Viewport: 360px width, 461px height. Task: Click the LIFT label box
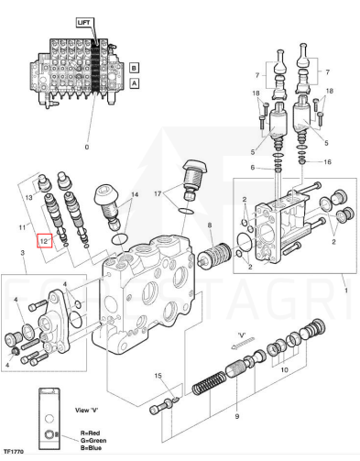(84, 23)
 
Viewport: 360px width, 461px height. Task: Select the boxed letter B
(134, 68)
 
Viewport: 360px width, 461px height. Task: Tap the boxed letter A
(134, 82)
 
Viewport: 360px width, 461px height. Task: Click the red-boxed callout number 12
(45, 241)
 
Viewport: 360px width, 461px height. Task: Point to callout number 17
(158, 193)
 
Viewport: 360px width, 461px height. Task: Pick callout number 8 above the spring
(210, 225)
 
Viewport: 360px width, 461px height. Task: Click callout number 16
(327, 161)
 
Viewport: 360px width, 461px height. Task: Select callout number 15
(158, 376)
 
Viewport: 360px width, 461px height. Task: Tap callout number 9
(237, 416)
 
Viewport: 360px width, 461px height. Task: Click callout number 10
(284, 370)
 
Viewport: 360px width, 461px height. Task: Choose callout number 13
(28, 198)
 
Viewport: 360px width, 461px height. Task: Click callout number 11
(22, 227)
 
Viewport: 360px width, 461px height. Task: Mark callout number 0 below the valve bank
(87, 147)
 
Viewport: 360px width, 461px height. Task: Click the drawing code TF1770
(13, 452)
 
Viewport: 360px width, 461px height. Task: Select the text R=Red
(90, 433)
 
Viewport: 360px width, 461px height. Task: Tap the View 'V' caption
(87, 410)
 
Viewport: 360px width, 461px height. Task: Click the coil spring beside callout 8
(213, 257)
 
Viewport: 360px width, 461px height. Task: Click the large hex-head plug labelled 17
(195, 180)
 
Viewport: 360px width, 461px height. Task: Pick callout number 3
(23, 253)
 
